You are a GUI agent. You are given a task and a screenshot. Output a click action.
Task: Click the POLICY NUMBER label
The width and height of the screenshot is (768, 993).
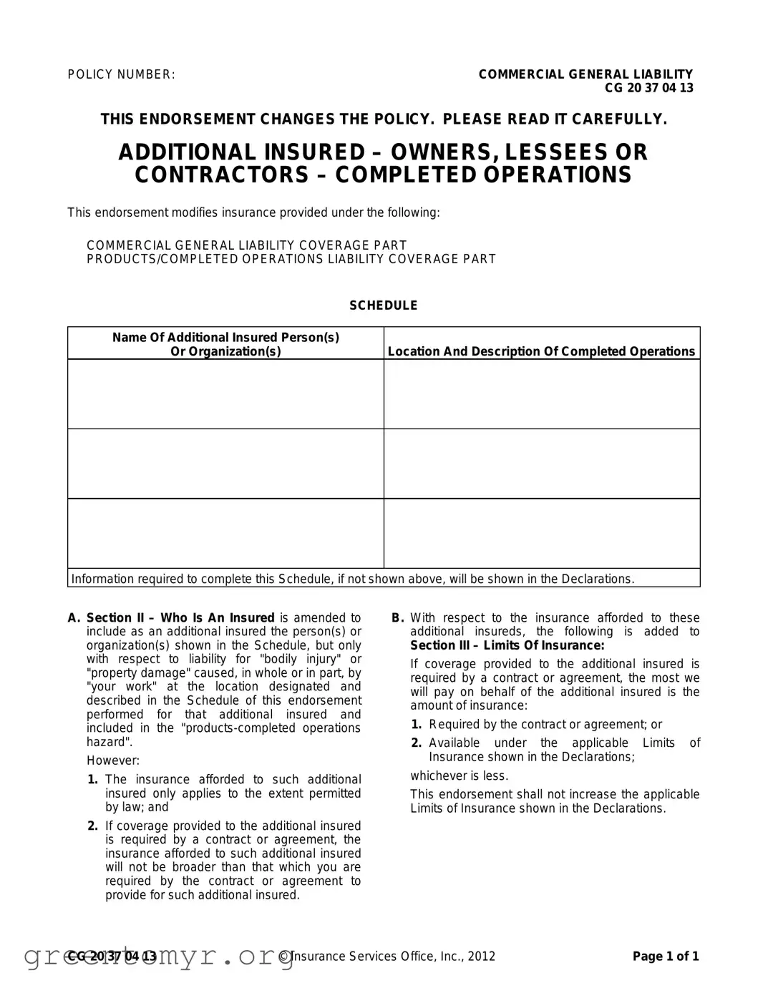point(121,74)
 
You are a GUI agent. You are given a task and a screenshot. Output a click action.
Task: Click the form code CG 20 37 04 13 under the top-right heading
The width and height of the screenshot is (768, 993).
point(648,88)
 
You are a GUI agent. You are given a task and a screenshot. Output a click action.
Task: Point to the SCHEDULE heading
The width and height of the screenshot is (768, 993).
point(383,305)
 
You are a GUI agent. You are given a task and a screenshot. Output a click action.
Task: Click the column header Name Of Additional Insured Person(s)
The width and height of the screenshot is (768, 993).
point(225,337)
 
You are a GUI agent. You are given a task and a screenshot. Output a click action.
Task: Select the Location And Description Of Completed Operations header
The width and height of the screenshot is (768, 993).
point(541,351)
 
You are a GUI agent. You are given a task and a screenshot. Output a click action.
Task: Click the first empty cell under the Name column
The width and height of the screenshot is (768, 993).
point(225,393)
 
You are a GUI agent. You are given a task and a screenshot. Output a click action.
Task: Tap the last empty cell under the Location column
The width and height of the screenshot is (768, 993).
point(542,533)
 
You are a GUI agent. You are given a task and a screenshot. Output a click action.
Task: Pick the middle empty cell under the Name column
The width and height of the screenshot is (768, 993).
point(225,464)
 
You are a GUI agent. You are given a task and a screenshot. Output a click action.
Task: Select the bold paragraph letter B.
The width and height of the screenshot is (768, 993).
point(398,618)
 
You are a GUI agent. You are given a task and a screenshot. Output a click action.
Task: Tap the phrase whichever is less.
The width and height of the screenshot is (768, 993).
point(459,776)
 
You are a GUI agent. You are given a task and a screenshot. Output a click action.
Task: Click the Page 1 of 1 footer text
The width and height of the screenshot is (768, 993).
point(666,957)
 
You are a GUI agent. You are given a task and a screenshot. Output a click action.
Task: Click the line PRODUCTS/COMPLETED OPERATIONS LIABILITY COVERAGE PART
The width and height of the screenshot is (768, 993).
point(291,259)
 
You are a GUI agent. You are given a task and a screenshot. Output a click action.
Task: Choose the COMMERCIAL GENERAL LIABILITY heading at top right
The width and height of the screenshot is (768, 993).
point(585,74)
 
